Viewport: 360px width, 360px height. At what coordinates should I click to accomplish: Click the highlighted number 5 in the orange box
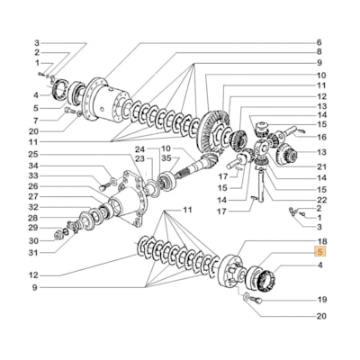point(319,254)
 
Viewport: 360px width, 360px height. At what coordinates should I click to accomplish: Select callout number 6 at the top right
point(319,42)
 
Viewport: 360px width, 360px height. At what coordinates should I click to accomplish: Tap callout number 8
point(319,52)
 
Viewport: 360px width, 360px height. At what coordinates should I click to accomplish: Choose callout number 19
point(321,300)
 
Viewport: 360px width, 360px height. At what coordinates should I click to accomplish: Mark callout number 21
point(321,166)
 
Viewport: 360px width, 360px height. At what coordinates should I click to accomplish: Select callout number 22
point(321,199)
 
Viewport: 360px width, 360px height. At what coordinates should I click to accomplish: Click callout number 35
point(166,158)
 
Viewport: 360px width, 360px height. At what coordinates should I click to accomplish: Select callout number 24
point(140,148)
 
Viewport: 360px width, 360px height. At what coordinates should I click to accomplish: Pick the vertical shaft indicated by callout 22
point(257,191)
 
